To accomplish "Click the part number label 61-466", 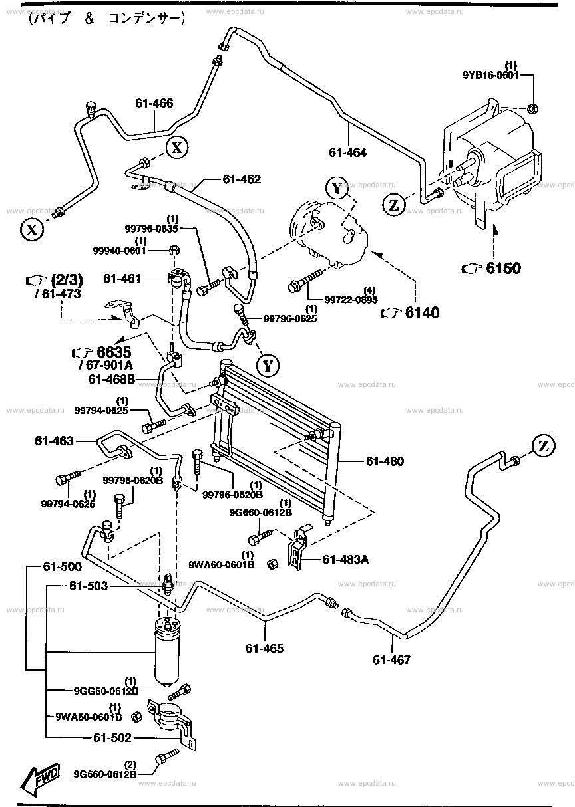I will [154, 103].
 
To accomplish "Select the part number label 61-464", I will [347, 152].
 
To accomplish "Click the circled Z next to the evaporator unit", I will [394, 205].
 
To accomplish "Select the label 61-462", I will [242, 179].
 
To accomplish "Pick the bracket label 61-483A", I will [345, 559].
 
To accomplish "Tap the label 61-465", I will [264, 648].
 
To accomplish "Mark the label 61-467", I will [392, 659].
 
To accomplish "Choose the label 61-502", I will [113, 737].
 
